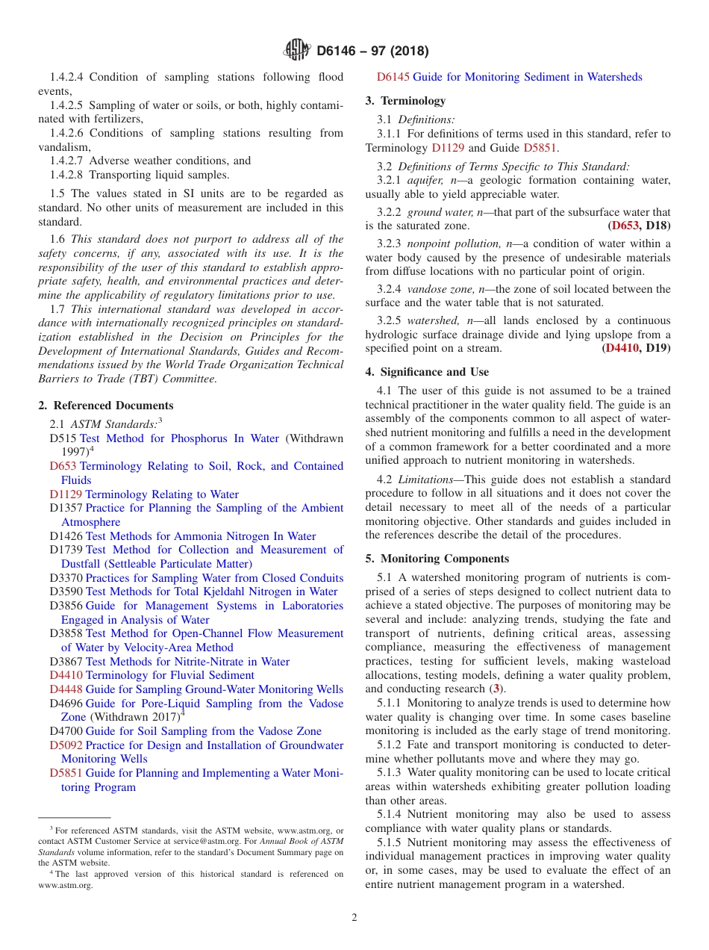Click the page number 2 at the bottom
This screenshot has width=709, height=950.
(x=354, y=918)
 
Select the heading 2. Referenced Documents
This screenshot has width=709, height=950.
(x=106, y=406)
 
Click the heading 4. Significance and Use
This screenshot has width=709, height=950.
(x=427, y=372)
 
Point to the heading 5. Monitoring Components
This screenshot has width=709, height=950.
(x=437, y=559)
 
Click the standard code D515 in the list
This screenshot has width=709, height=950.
(x=63, y=438)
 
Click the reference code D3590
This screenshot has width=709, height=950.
(x=66, y=592)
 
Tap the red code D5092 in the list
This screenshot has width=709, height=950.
(x=66, y=745)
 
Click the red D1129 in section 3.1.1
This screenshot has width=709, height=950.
(x=448, y=148)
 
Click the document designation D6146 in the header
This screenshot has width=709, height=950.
(x=341, y=52)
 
